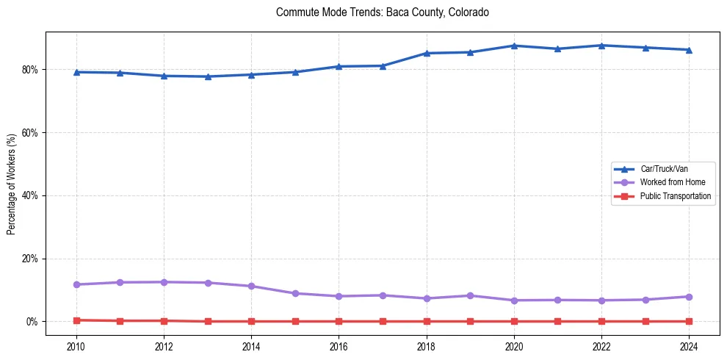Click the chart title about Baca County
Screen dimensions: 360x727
[x=382, y=12]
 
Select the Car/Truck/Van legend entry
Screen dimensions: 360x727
[x=664, y=169]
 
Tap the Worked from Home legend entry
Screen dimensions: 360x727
[x=668, y=182]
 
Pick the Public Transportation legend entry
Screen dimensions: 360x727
[x=675, y=196]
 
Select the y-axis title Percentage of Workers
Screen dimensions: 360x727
[x=12, y=184]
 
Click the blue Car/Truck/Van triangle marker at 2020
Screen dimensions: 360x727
[x=514, y=46]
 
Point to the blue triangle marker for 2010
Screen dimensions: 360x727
[x=76, y=72]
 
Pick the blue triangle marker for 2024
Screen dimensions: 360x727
[x=689, y=50]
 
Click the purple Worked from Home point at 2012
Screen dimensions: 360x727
[x=164, y=282]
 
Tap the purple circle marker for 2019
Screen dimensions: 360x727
[x=470, y=295]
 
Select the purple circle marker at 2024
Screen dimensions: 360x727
[x=689, y=297]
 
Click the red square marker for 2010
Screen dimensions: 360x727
[x=76, y=320]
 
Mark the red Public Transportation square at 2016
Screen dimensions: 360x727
[x=339, y=322]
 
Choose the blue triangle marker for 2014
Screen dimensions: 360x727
[x=251, y=74]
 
